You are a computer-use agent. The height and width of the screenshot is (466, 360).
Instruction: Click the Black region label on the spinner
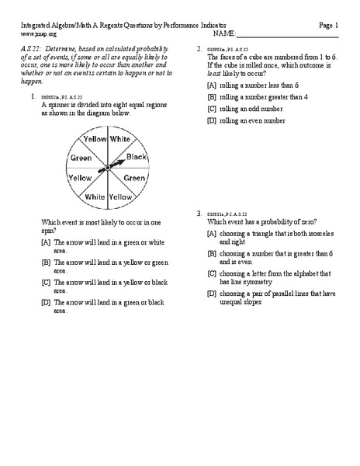[x=136, y=156]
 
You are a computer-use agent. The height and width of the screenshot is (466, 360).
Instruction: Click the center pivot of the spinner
[x=102, y=169]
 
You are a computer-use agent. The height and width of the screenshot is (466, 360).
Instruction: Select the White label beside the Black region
[x=119, y=138]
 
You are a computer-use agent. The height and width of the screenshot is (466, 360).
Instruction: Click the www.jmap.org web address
[x=39, y=35]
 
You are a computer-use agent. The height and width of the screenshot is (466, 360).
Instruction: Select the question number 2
[x=199, y=49]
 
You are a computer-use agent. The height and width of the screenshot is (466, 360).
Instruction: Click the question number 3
[x=199, y=213]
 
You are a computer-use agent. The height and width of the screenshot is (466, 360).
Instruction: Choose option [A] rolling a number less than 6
[x=252, y=85]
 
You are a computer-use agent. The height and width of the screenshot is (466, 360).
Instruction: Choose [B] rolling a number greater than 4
[x=257, y=97]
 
